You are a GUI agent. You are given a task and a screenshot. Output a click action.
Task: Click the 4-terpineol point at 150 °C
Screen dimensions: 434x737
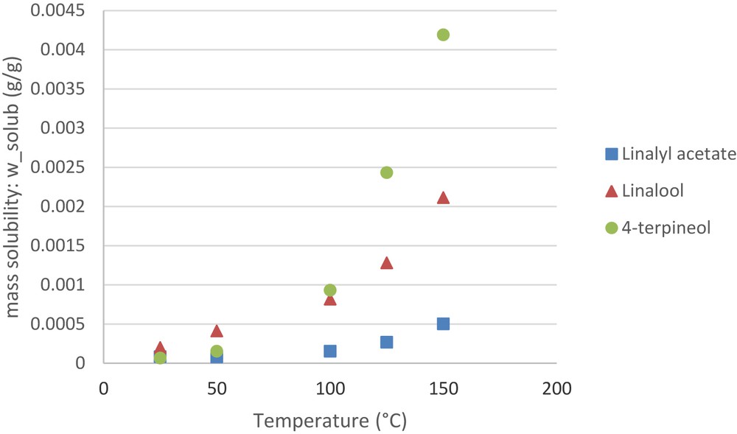[443, 35]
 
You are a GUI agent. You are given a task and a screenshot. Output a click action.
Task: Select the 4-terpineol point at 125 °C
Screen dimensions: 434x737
[386, 172]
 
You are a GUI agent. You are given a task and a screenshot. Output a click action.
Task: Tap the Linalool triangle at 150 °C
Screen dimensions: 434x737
[443, 197]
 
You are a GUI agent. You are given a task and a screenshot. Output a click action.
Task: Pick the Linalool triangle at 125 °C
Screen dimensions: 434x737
[386, 263]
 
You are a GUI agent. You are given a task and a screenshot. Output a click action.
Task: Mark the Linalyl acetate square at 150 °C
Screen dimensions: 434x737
[443, 323]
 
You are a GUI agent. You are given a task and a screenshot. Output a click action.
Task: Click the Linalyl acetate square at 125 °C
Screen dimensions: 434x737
[386, 342]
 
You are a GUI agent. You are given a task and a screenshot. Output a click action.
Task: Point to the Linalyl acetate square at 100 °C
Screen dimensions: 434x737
[330, 351]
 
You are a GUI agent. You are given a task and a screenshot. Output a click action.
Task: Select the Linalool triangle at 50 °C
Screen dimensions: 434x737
[217, 331]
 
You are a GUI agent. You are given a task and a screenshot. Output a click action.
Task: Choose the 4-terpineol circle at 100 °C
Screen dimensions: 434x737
[330, 290]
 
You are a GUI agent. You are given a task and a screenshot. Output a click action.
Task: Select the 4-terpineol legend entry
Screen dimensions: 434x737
[657, 228]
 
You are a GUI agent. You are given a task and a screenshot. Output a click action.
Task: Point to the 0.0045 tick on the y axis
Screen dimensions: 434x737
[63, 11]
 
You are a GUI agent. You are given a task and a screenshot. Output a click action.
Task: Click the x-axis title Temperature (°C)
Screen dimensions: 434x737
[329, 421]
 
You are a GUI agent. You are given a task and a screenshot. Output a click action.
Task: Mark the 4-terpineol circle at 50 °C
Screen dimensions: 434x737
[217, 351]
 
